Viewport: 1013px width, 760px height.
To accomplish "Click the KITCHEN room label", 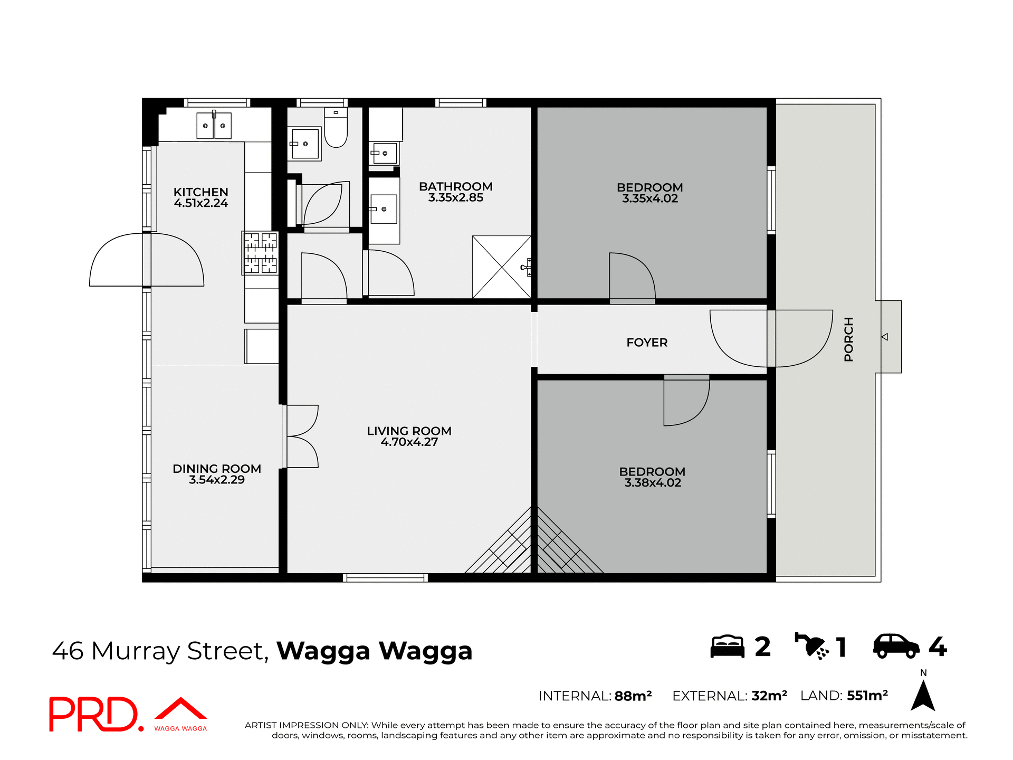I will tap(200, 192).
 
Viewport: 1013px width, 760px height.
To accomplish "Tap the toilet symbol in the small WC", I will tap(336, 129).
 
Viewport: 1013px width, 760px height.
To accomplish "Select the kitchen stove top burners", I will tap(260, 253).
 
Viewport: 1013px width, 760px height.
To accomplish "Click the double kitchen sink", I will tap(214, 126).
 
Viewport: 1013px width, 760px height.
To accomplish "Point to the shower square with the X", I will tap(501, 267).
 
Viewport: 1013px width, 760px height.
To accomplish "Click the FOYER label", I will tap(647, 343).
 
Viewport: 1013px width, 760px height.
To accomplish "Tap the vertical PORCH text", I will tap(848, 339).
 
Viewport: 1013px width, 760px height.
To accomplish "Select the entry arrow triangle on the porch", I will tap(885, 337).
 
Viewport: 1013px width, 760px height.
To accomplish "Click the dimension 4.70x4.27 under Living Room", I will tap(409, 442).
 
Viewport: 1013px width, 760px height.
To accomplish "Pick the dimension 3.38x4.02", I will tap(653, 483).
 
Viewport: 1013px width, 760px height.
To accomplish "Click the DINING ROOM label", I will tap(217, 469).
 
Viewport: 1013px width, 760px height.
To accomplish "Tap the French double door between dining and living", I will tap(302, 436).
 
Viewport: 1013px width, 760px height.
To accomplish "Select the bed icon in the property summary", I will tap(727, 647).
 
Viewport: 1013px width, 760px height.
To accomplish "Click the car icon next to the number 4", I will tap(896, 646).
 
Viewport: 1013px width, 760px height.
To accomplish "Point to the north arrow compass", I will tap(923, 694).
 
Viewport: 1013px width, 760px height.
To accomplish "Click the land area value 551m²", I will tap(867, 696).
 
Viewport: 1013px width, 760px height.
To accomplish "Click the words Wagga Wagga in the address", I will tap(374, 651).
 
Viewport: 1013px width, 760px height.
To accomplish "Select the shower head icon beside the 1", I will tap(811, 646).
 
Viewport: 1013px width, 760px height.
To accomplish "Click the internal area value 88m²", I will tap(633, 696).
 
